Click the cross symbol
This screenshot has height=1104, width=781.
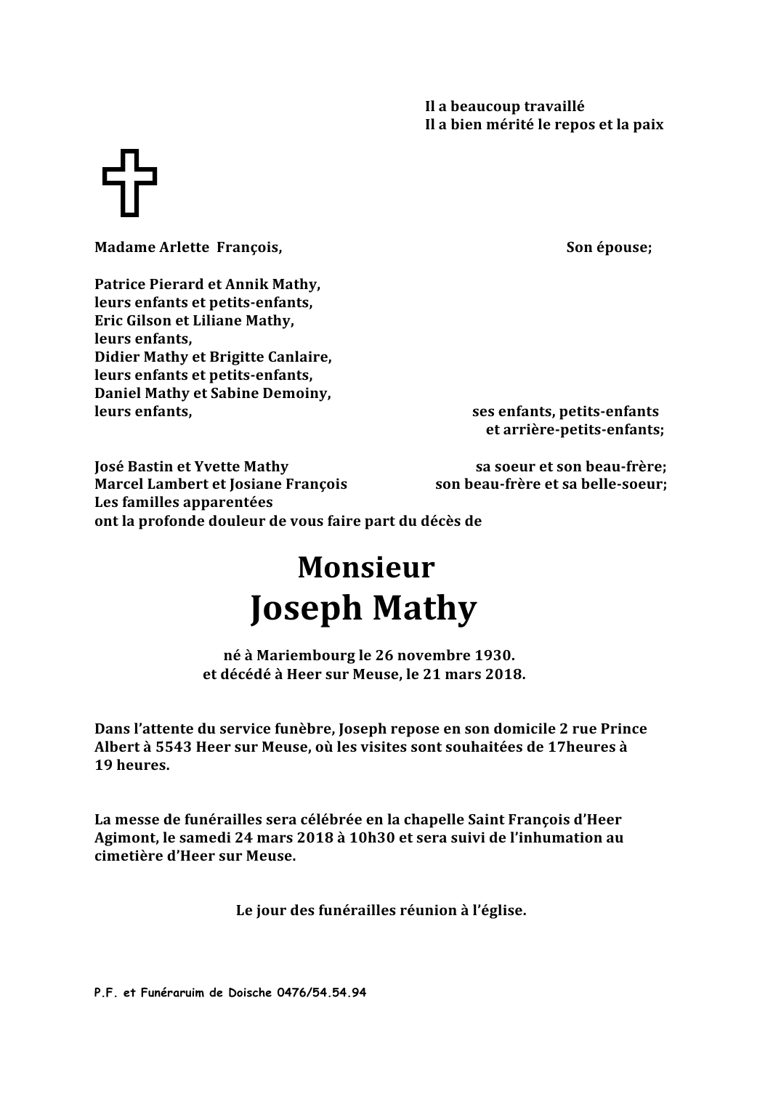(129, 182)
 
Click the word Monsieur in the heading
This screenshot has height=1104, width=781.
(365, 567)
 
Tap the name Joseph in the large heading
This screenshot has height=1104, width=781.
(306, 609)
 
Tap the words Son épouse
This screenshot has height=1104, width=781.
(609, 248)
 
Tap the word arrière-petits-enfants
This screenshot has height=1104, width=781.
(574, 430)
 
